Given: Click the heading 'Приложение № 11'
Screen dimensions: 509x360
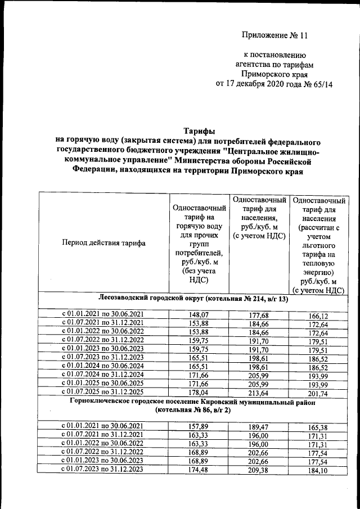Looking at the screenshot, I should click(275, 35).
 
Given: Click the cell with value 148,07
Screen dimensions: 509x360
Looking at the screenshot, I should click(200, 316).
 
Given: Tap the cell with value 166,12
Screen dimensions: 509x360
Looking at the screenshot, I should click(318, 317).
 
